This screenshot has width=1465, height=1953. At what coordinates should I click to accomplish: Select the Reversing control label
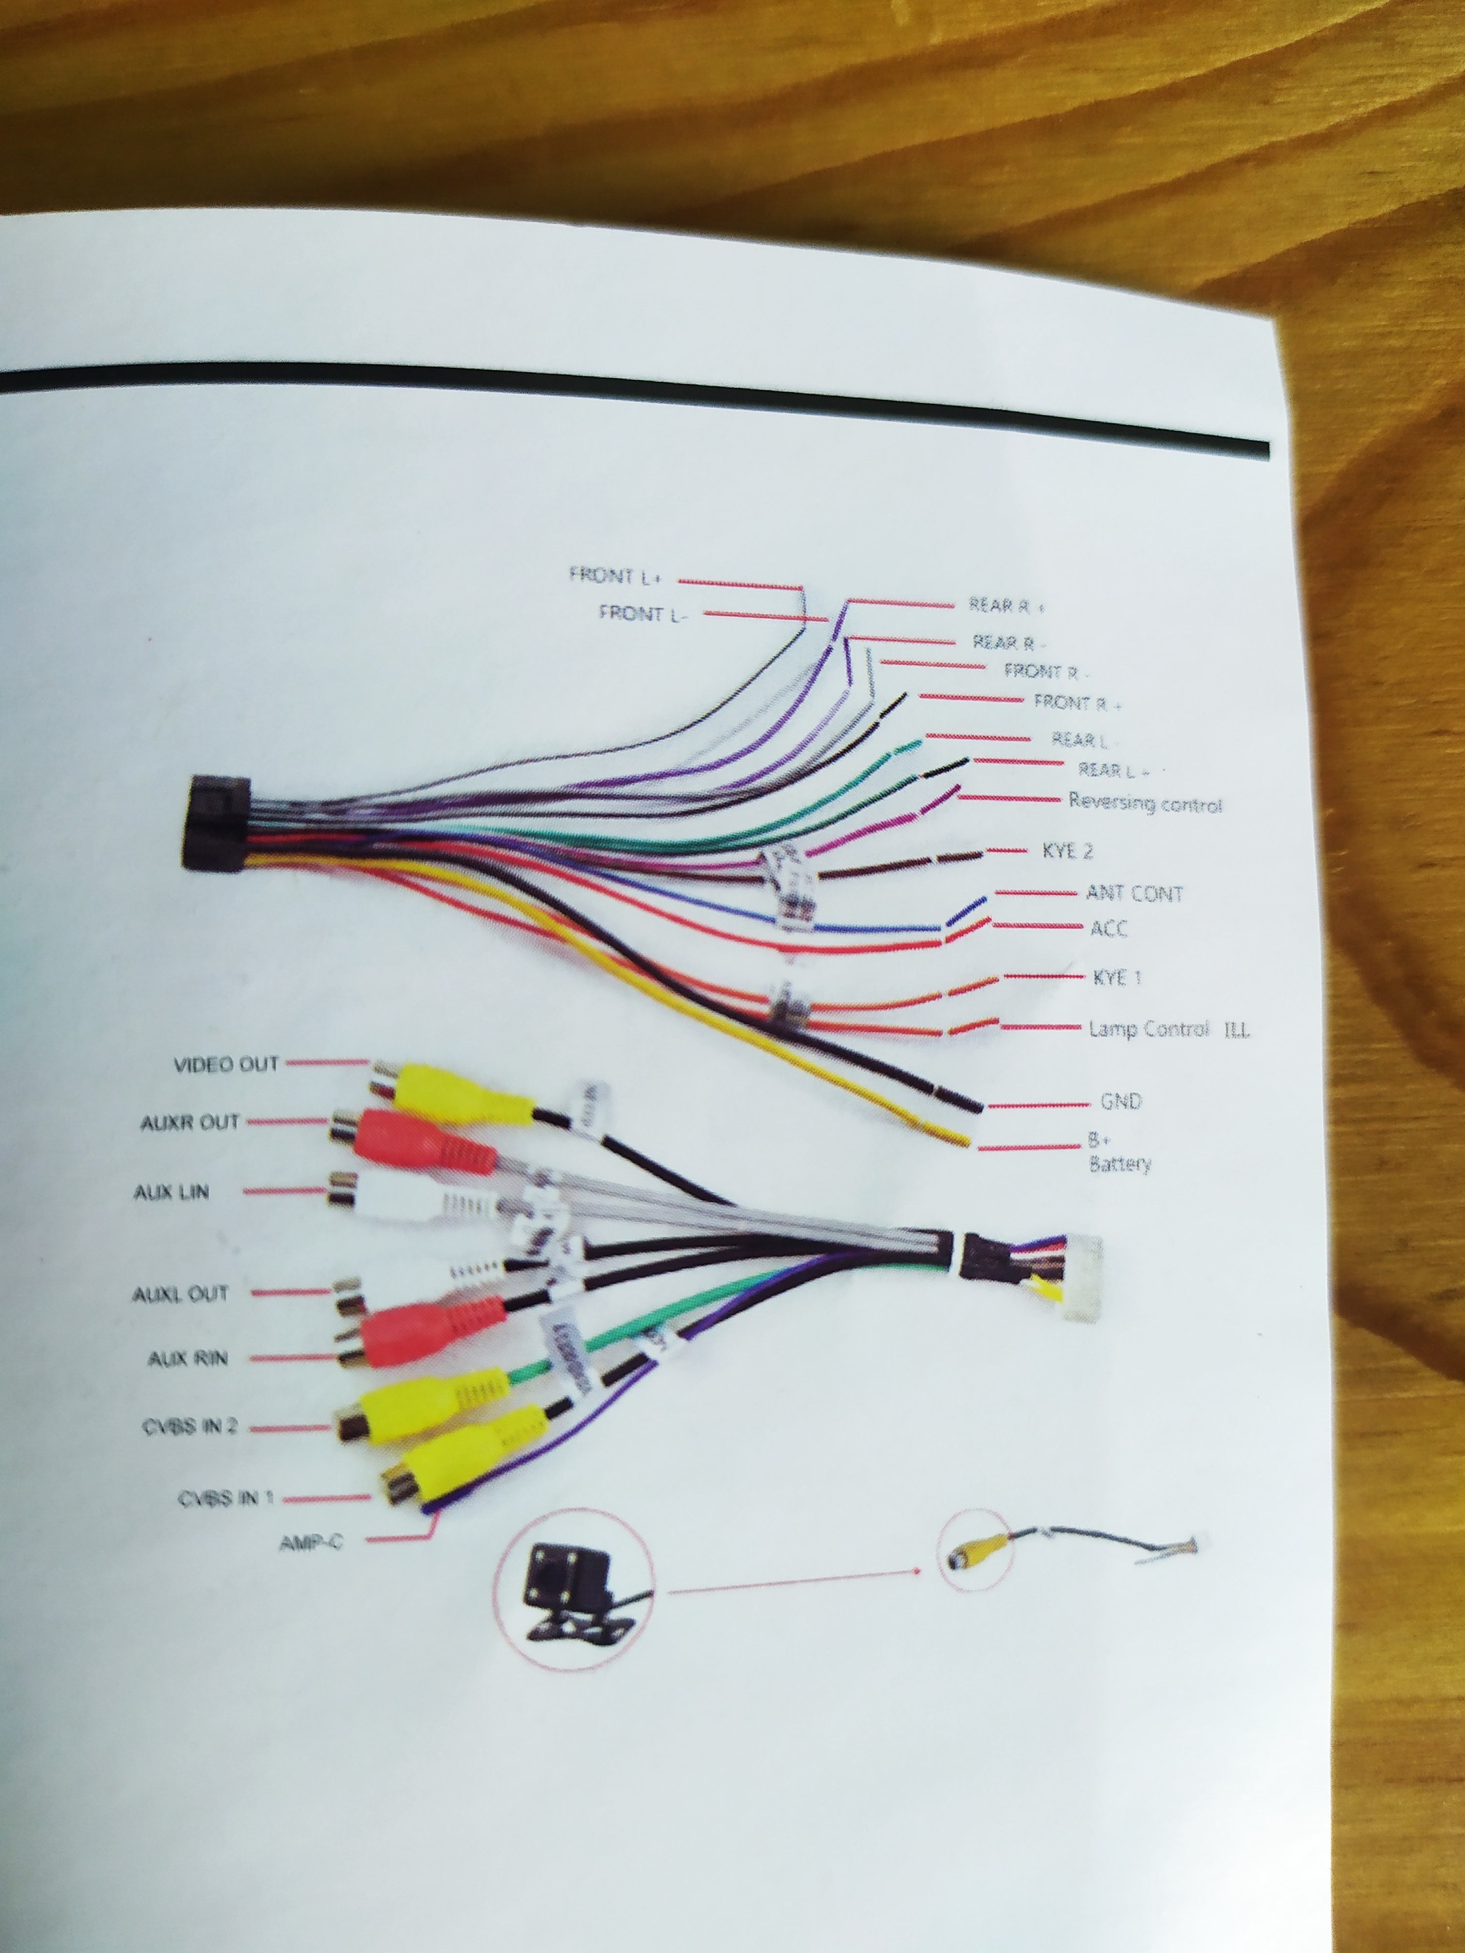pos(1145,804)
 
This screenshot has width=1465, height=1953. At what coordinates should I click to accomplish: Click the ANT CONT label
pos(1134,893)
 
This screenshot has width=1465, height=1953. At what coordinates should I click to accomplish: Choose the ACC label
pos(1108,928)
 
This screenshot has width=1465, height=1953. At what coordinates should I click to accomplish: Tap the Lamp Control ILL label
pos(1168,1029)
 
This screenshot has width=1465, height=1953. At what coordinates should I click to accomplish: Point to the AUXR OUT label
pos(190,1123)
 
